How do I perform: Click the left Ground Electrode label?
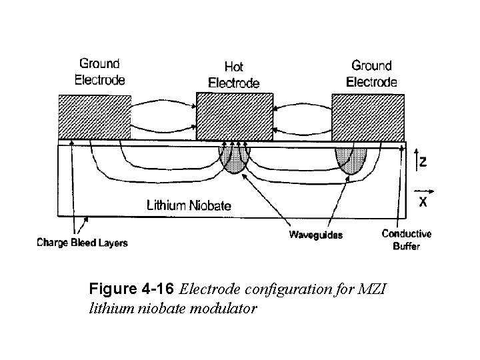coord(101,71)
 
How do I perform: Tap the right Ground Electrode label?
coord(373,73)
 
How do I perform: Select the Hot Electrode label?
coord(234,75)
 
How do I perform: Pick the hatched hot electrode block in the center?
coord(234,117)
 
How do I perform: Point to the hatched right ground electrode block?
coord(367,117)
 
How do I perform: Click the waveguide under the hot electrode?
coord(234,160)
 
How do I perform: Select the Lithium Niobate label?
coord(189,205)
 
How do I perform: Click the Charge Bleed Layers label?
coord(81,243)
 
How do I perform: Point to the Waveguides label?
coord(315,235)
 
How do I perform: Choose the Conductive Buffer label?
coord(406,239)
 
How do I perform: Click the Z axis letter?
coord(424,161)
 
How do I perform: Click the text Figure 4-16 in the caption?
coord(132,290)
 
